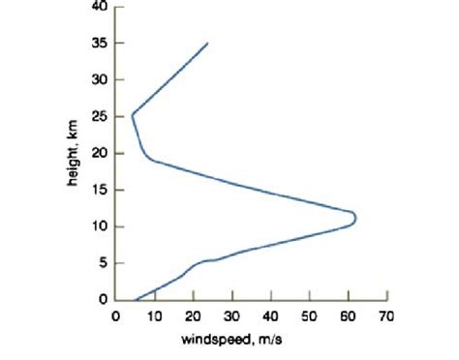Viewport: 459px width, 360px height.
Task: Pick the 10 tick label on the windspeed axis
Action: [154, 315]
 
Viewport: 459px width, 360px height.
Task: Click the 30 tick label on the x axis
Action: [231, 315]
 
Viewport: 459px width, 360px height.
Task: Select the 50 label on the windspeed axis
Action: [309, 315]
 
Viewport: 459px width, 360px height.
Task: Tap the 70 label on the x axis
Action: [386, 315]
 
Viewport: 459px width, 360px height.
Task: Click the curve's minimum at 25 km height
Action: [132, 114]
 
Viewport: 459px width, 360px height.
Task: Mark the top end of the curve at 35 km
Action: [207, 44]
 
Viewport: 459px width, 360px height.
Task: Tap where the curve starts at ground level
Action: [135, 300]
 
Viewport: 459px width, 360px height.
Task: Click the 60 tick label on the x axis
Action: [348, 315]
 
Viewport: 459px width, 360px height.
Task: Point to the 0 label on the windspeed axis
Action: [115, 315]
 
